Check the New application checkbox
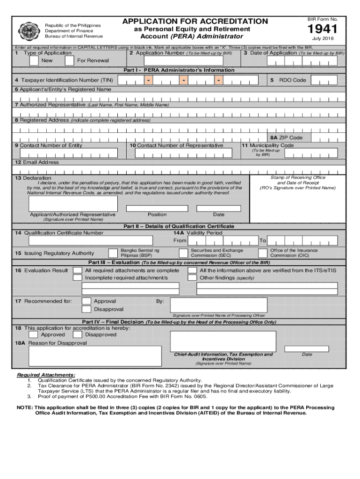click(33, 61)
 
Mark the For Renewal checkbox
click(69, 61)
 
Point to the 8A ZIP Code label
click(286, 138)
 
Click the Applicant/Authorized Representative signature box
click(73, 203)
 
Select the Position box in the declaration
click(157, 208)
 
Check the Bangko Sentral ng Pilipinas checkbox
click(113, 253)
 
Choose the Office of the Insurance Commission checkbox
click(263, 253)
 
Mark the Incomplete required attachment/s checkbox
click(78, 278)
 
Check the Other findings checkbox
click(192, 278)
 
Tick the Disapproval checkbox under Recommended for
click(86, 309)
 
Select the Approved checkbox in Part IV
click(33, 334)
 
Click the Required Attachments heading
click(46, 375)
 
